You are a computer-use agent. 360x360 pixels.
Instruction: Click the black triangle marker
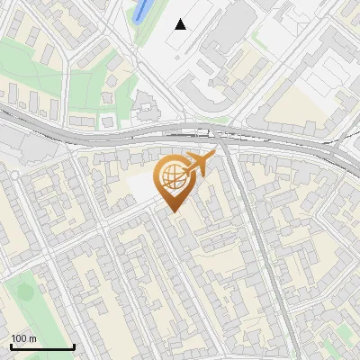[181, 24]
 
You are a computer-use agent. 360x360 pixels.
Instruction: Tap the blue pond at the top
[141, 12]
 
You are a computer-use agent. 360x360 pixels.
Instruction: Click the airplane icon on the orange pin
[200, 164]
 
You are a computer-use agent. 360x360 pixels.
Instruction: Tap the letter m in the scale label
[32, 339]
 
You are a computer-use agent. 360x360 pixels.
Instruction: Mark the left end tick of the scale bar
[11, 346]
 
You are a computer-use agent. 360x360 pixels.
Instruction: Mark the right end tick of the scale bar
[74, 346]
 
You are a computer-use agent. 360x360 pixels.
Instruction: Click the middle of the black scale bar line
[42, 347]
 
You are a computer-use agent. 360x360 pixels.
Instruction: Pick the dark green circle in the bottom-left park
[24, 292]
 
